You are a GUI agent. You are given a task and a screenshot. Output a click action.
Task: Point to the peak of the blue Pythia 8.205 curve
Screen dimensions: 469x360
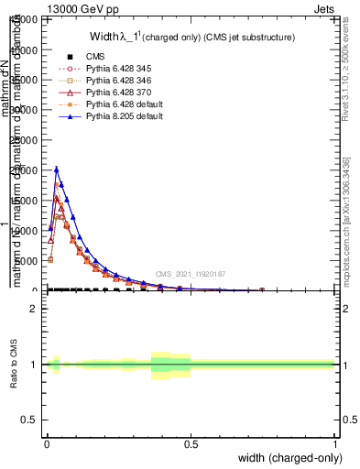click(57, 169)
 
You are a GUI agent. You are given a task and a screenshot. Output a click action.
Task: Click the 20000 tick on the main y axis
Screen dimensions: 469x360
click(25, 170)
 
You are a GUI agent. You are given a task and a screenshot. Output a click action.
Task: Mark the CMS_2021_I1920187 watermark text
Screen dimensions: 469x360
click(190, 274)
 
